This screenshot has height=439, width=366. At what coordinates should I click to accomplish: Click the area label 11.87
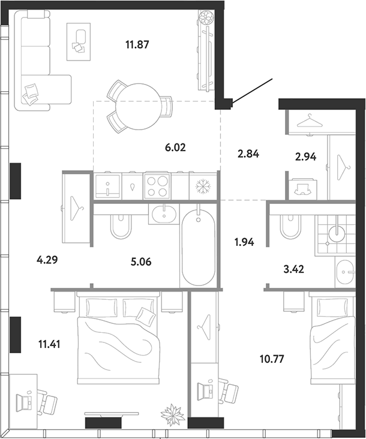point(137,44)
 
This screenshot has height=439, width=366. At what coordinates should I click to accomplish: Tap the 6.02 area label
point(175,148)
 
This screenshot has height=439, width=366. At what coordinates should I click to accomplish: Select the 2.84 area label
point(248,154)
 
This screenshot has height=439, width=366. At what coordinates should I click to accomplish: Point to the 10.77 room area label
point(272,359)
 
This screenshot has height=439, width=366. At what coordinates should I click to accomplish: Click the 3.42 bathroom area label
point(293,269)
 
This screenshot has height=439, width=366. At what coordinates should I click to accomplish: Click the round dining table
point(139,107)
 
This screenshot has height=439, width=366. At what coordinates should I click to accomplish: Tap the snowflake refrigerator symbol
point(203,186)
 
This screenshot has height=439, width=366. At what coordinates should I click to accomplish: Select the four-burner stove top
point(157,186)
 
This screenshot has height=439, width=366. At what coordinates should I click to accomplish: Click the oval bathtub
point(199,247)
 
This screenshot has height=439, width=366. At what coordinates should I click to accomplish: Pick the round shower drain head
point(337,234)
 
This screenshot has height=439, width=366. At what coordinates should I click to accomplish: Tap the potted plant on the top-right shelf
point(206,17)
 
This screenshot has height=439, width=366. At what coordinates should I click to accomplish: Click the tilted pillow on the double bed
point(146,315)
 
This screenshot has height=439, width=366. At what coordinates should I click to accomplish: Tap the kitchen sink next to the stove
point(108,186)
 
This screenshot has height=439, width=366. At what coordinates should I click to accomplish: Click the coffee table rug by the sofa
point(79,42)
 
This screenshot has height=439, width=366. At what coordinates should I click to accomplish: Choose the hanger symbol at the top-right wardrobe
point(308,121)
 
